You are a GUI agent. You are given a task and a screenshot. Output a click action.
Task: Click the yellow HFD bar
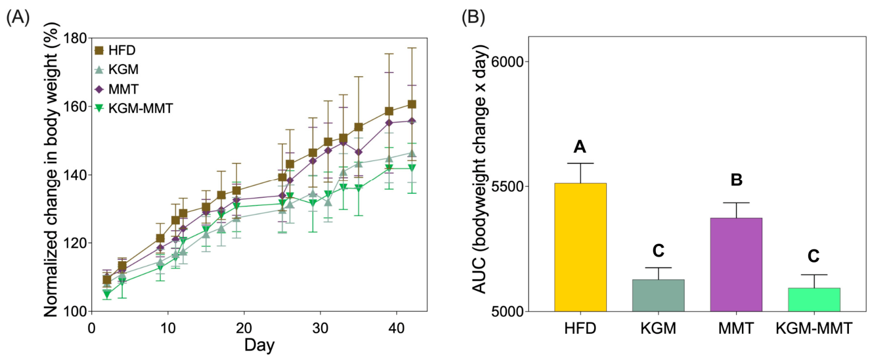[x=580, y=247]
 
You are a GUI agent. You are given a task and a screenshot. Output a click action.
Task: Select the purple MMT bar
[x=736, y=265]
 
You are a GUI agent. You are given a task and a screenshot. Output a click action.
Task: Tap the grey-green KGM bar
[x=658, y=295]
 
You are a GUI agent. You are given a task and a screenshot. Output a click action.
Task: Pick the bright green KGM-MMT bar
[x=814, y=300]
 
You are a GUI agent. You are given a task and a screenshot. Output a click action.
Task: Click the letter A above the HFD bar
[x=580, y=147]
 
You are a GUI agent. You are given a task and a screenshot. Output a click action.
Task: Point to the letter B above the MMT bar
[x=736, y=180]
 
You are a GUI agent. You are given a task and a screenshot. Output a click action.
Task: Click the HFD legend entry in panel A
[x=115, y=51]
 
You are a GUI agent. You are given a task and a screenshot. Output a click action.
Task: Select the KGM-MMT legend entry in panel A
[x=134, y=108]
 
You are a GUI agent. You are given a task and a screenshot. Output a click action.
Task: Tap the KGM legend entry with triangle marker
[x=116, y=69]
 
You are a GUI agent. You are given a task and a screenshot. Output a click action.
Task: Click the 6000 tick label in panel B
[x=507, y=61]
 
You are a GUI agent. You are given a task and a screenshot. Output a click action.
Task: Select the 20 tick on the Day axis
[x=244, y=328]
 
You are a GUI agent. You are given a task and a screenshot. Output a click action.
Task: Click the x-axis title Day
[x=260, y=345]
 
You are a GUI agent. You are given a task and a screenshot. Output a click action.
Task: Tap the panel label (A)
[x=17, y=17]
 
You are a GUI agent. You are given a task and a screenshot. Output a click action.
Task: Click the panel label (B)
[x=473, y=17]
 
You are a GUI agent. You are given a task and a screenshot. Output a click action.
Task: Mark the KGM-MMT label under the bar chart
[x=814, y=329]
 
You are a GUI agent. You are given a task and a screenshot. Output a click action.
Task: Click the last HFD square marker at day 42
[x=411, y=104]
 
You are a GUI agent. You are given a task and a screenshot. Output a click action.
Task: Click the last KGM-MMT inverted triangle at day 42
[x=411, y=167]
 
